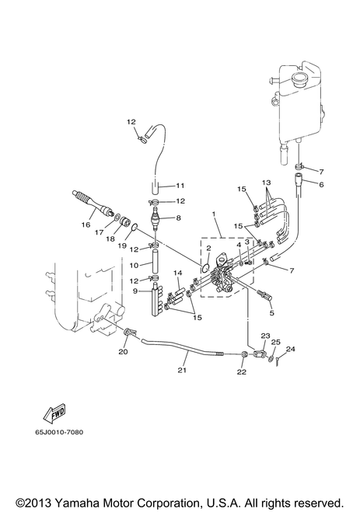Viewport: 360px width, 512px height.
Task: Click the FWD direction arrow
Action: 54,413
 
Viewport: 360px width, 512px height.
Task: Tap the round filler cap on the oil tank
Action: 301,80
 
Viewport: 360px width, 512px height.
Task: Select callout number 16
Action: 86,225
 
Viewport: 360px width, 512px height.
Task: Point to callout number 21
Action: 182,370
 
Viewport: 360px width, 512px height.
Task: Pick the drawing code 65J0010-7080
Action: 59,432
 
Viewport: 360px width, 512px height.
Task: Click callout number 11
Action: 180,186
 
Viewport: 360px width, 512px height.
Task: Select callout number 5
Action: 271,313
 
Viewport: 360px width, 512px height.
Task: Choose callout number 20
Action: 123,352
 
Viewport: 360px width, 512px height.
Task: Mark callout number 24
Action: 291,349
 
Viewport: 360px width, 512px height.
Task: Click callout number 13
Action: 266,183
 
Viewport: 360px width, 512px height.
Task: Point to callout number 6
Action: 321,184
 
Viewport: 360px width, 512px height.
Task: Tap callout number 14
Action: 178,273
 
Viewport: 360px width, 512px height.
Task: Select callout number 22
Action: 241,371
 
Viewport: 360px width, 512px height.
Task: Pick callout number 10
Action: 134,266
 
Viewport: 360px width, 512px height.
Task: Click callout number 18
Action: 110,239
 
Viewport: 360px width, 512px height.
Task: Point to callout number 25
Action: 276,342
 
